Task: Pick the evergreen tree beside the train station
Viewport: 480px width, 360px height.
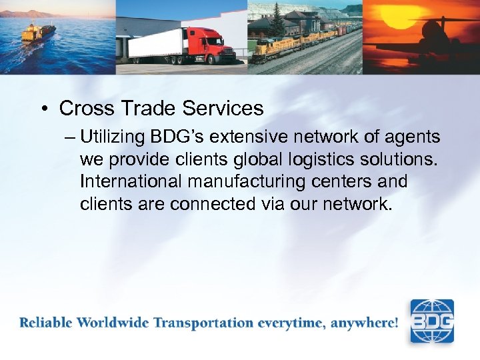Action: click(277, 23)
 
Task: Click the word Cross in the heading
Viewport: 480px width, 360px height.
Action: click(86, 108)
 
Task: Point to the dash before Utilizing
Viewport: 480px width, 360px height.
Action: click(71, 138)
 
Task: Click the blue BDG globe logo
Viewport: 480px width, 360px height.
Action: click(431, 321)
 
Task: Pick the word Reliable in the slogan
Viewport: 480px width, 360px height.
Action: click(46, 323)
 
